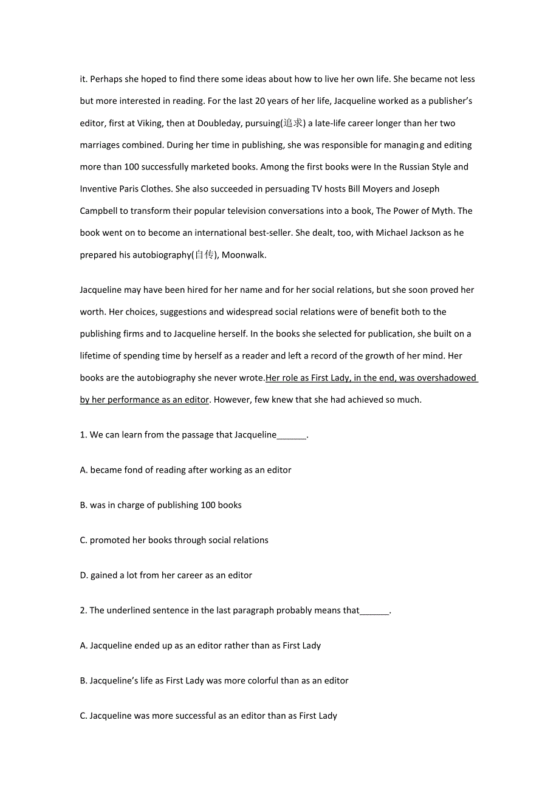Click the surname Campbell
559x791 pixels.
(99, 211)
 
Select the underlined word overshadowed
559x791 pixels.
(447, 378)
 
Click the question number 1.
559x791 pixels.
(83, 435)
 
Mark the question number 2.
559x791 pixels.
(83, 611)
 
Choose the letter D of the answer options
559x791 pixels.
(83, 575)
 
